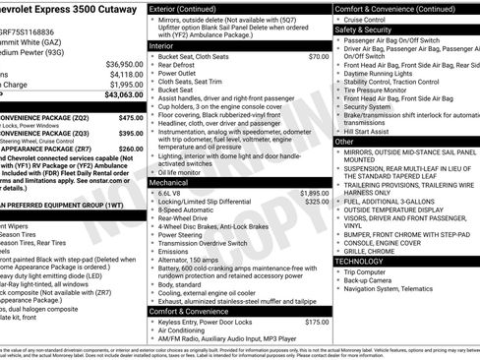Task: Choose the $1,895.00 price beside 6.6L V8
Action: pos(314,194)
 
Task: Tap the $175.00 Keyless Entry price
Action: pos(317,322)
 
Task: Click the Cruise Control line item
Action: pos(370,19)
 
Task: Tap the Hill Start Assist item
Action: pos(373,130)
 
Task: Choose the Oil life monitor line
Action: pos(187,172)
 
